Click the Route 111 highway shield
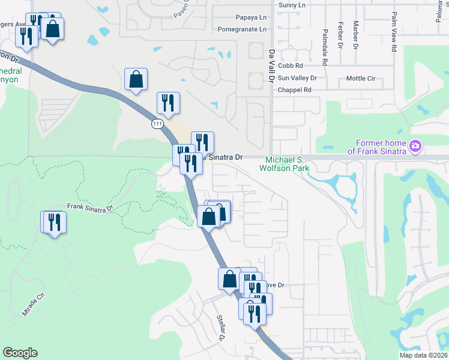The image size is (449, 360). pos(157,124)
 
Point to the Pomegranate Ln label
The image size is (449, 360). pos(241,29)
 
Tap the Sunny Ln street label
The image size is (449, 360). pos(292,5)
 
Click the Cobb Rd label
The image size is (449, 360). pos(291,65)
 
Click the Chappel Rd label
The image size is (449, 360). pos(295,90)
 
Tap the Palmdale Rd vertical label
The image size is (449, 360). pos(325,47)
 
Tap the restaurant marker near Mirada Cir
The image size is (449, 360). pos(54,223)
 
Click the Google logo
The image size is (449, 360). pos(20,353)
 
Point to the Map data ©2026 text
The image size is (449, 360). pos(423,355)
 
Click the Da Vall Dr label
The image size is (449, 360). pos(272,66)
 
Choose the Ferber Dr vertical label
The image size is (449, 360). pos(340,35)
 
